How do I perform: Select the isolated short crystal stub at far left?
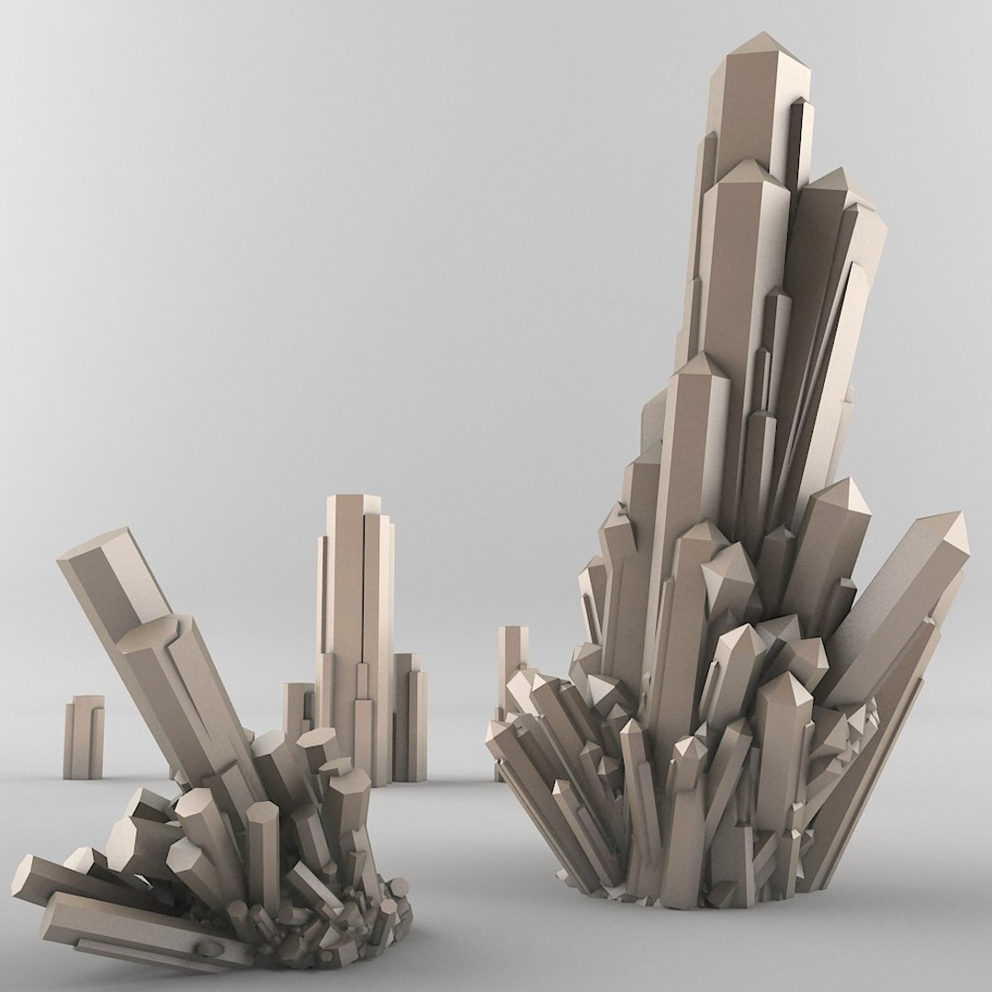point(83,735)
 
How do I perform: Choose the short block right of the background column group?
point(410,716)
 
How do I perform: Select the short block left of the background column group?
point(297,712)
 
